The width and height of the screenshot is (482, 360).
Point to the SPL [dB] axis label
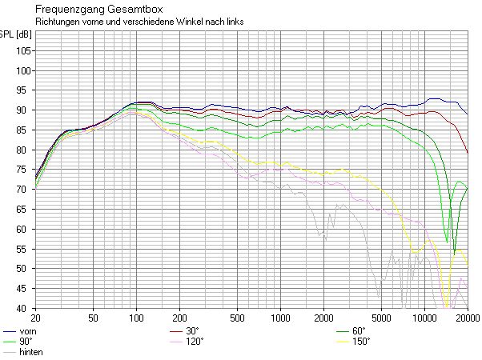pos(16,35)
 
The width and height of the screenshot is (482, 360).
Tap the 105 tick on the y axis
pos(24,50)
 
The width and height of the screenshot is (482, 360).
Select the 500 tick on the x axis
pos(237,318)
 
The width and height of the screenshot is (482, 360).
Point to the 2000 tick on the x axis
pos(323,318)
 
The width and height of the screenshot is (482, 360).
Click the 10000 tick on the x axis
pos(424,318)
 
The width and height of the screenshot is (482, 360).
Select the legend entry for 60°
pos(358,331)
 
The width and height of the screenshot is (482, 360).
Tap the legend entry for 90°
pos(26,342)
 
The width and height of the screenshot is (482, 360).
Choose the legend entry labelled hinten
pos(30,352)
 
